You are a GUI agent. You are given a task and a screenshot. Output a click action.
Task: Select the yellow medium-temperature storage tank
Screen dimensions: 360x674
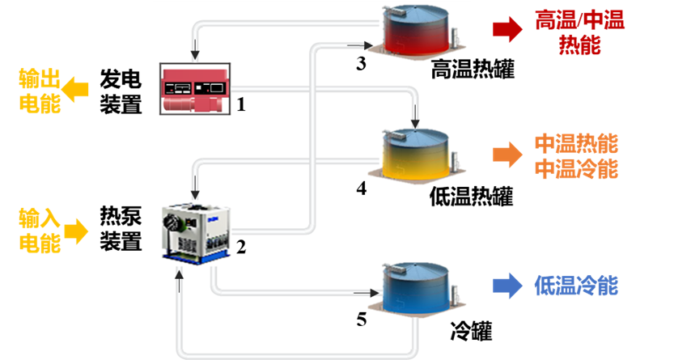[x=415, y=154]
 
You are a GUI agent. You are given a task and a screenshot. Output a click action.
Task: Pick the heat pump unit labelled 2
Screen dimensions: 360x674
[x=197, y=233]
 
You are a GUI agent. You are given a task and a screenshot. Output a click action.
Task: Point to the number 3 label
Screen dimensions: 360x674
[x=362, y=63]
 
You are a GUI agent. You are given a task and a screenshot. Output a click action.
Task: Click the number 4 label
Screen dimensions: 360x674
[x=362, y=188]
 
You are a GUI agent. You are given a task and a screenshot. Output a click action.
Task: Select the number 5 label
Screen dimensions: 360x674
[x=362, y=319]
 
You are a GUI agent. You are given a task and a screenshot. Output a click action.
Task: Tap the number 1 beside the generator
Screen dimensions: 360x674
[x=240, y=104]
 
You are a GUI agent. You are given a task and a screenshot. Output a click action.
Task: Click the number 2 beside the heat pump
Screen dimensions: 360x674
[x=240, y=247]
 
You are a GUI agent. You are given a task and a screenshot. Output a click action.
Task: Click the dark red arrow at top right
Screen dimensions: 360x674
[x=507, y=31]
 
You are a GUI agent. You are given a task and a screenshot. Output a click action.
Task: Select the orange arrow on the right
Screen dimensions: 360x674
[x=507, y=155]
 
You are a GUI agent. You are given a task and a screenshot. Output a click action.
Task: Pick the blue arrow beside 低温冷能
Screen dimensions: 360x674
[x=507, y=285]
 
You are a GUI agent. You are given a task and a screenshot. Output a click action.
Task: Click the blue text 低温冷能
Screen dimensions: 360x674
[x=576, y=285]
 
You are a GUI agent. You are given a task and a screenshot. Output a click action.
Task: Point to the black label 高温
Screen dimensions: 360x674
[x=451, y=71]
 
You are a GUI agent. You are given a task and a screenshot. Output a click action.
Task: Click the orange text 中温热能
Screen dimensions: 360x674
[x=576, y=144]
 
